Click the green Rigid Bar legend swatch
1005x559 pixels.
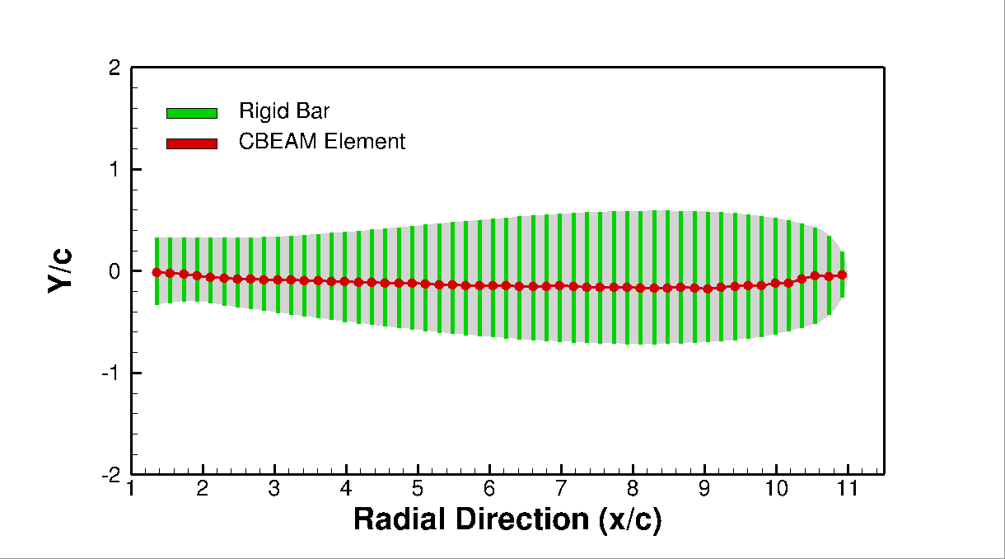pyautogui.click(x=191, y=113)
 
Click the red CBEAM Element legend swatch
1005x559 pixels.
pyautogui.click(x=191, y=143)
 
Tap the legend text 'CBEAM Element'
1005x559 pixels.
pyautogui.click(x=322, y=141)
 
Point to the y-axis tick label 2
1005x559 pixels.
pyautogui.click(x=115, y=68)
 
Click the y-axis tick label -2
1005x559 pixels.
pyautogui.click(x=111, y=475)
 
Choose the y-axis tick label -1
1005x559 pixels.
pyautogui.click(x=111, y=373)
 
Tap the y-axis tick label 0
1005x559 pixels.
pyautogui.click(x=115, y=271)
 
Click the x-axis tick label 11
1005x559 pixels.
pyautogui.click(x=848, y=490)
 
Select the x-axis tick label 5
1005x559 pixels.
pyautogui.click(x=418, y=490)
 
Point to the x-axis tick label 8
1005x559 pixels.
pyautogui.click(x=633, y=490)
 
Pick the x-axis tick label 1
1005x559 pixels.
pyautogui.click(x=132, y=490)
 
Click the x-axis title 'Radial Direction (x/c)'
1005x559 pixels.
pyautogui.click(x=507, y=519)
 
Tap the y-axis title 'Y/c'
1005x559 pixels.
pyautogui.click(x=60, y=270)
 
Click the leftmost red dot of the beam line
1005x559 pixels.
pyautogui.click(x=157, y=272)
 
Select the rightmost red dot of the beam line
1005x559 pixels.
pyautogui.click(x=842, y=275)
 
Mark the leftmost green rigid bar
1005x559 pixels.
pyautogui.click(x=157, y=247)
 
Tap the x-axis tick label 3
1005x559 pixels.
pyautogui.click(x=275, y=490)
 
